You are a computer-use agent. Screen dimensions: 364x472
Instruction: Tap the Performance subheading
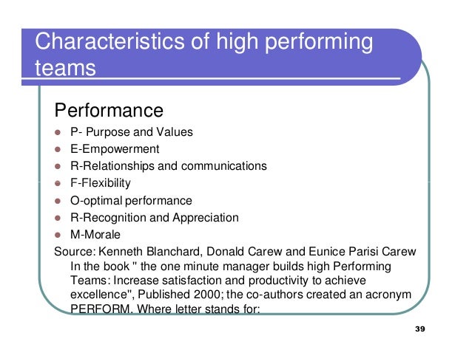coord(109,111)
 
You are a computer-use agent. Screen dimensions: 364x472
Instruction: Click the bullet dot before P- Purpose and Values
coord(58,133)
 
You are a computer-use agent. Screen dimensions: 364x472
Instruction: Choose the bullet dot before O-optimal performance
coord(58,201)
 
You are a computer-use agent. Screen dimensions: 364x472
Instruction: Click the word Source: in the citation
coord(75,252)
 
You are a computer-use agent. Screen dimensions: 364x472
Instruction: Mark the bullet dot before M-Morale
coord(58,235)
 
